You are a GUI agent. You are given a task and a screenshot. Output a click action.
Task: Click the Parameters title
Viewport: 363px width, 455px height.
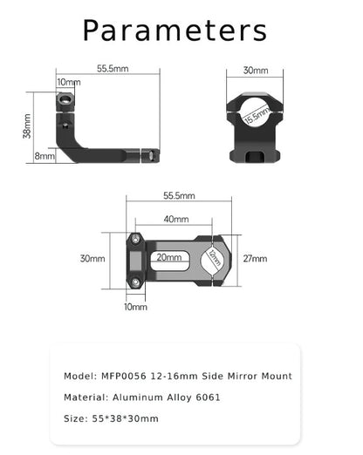click(175, 30)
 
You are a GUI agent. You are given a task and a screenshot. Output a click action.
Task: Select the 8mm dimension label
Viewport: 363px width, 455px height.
click(43, 156)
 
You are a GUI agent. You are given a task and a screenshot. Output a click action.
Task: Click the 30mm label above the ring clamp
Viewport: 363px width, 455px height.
click(256, 71)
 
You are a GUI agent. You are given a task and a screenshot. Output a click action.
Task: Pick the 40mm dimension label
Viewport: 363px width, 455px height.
click(175, 219)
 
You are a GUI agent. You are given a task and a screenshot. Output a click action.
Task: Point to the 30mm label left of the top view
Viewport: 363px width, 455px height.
click(92, 259)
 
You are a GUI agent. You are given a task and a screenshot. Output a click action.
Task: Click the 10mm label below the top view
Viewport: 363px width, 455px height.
click(135, 307)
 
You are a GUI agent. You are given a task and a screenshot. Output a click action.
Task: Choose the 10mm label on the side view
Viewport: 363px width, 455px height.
click(68, 82)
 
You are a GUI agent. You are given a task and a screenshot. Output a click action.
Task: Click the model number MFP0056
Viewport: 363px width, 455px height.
click(127, 377)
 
